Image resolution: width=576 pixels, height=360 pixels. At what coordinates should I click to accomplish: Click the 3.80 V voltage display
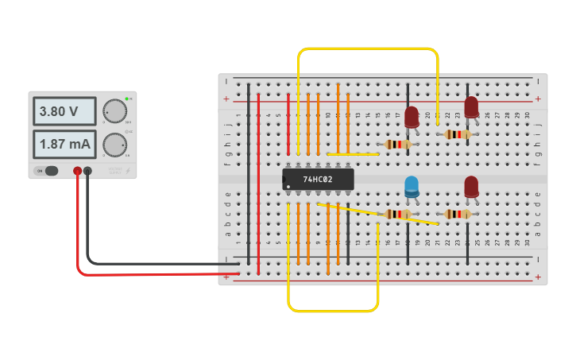pos(64,111)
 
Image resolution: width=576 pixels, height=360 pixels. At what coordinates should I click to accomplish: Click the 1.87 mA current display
pos(64,145)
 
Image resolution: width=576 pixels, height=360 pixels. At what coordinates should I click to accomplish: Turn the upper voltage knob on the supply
pos(114,111)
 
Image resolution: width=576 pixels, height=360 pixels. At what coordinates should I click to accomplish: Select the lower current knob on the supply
pos(114,145)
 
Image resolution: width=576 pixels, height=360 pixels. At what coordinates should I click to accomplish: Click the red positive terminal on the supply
pos(77,171)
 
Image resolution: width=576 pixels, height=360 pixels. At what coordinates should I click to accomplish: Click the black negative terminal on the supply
pos(87,171)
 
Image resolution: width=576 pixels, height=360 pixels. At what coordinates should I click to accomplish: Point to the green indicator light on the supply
pos(126,99)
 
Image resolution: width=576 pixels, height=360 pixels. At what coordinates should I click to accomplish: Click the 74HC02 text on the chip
pos(317,180)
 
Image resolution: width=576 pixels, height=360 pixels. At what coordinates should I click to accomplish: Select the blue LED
pos(412,186)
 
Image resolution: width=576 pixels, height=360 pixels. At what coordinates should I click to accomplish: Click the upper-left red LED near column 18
pos(412,117)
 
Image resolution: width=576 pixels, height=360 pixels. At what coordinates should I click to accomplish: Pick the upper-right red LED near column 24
pos(471,106)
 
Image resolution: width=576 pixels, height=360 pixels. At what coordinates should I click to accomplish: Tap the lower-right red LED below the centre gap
pos(471,186)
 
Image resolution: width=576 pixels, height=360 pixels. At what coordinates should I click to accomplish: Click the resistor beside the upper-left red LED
pos(397,144)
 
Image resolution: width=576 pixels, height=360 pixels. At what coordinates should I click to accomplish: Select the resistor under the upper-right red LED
pos(457,134)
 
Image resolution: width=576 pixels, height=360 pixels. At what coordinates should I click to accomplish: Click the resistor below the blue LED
pos(397,214)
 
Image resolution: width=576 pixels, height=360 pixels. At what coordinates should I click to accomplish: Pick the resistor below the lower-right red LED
pos(457,214)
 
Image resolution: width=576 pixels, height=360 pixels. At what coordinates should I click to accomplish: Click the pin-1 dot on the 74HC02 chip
pos(288,187)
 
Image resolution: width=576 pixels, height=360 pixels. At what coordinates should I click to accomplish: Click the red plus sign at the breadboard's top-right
pos(538,99)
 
